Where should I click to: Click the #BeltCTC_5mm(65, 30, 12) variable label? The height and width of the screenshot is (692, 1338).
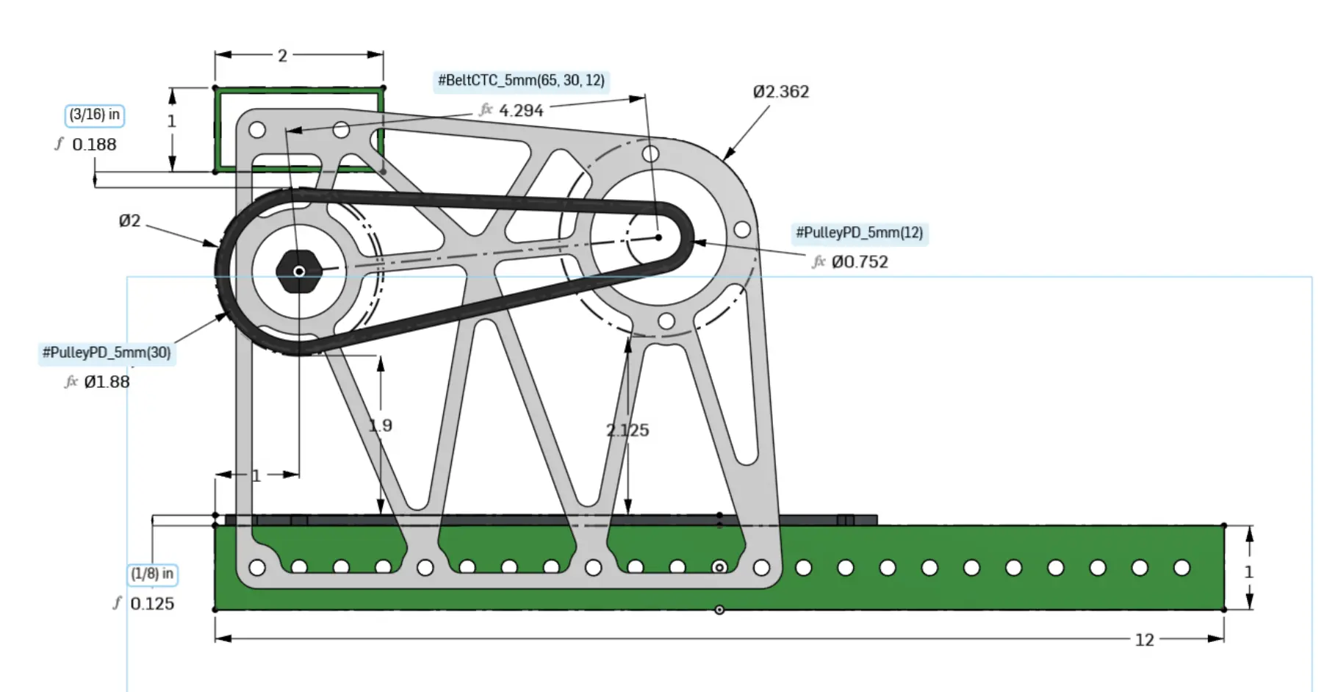521,80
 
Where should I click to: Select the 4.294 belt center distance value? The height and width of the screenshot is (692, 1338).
521,111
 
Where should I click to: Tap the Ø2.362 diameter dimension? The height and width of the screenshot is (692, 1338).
780,92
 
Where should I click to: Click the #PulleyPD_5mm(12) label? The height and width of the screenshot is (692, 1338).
859,233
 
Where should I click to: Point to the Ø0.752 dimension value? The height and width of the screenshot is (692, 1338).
859,262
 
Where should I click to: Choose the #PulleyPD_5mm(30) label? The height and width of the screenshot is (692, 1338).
107,353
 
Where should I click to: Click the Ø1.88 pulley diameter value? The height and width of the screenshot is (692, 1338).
107,382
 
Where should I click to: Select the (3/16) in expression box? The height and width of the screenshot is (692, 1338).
95,115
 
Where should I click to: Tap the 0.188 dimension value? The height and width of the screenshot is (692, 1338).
94,145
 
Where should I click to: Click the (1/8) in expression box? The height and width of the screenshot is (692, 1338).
153,574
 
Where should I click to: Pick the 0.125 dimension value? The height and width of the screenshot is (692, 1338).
152,604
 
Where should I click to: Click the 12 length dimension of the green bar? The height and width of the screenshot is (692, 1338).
1144,640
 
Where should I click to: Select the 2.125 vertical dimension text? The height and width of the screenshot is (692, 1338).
627,430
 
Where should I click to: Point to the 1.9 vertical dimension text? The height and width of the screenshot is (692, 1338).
380,425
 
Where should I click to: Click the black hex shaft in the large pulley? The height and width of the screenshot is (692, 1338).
298,272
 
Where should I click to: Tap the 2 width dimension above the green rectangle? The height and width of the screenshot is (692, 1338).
282,56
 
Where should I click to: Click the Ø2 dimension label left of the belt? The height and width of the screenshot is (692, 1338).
129,220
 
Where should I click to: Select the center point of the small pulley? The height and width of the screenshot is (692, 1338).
658,237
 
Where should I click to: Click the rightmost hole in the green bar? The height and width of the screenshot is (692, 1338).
1181,568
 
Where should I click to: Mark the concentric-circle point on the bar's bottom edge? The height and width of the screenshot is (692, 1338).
719,610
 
